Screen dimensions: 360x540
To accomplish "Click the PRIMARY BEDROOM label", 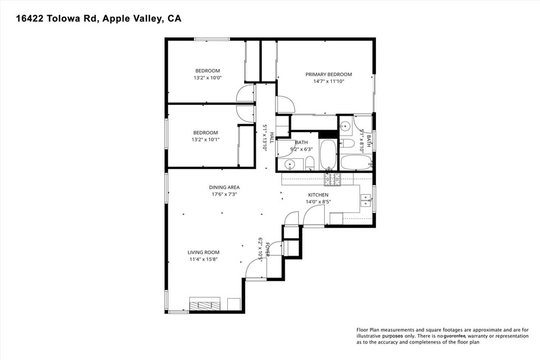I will [329, 74].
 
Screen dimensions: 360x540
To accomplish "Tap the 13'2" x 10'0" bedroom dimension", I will [207, 77].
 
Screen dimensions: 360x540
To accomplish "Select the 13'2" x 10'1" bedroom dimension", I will [205, 140].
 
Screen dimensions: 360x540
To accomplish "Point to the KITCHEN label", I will [318, 195].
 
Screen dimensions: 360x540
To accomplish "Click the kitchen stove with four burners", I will [332, 180].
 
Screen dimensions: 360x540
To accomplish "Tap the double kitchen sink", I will [364, 199].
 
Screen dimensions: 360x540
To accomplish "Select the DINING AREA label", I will [225, 187].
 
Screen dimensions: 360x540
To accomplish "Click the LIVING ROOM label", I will [203, 252].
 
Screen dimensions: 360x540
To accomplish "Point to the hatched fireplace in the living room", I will [205, 304].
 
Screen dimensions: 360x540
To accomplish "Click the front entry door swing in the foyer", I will [256, 270].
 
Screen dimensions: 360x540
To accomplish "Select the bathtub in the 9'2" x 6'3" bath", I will [327, 154].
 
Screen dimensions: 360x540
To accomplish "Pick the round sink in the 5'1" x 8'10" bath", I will [345, 126].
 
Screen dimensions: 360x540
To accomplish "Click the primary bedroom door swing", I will [285, 104].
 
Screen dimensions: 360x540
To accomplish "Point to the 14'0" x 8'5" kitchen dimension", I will [318, 201].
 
